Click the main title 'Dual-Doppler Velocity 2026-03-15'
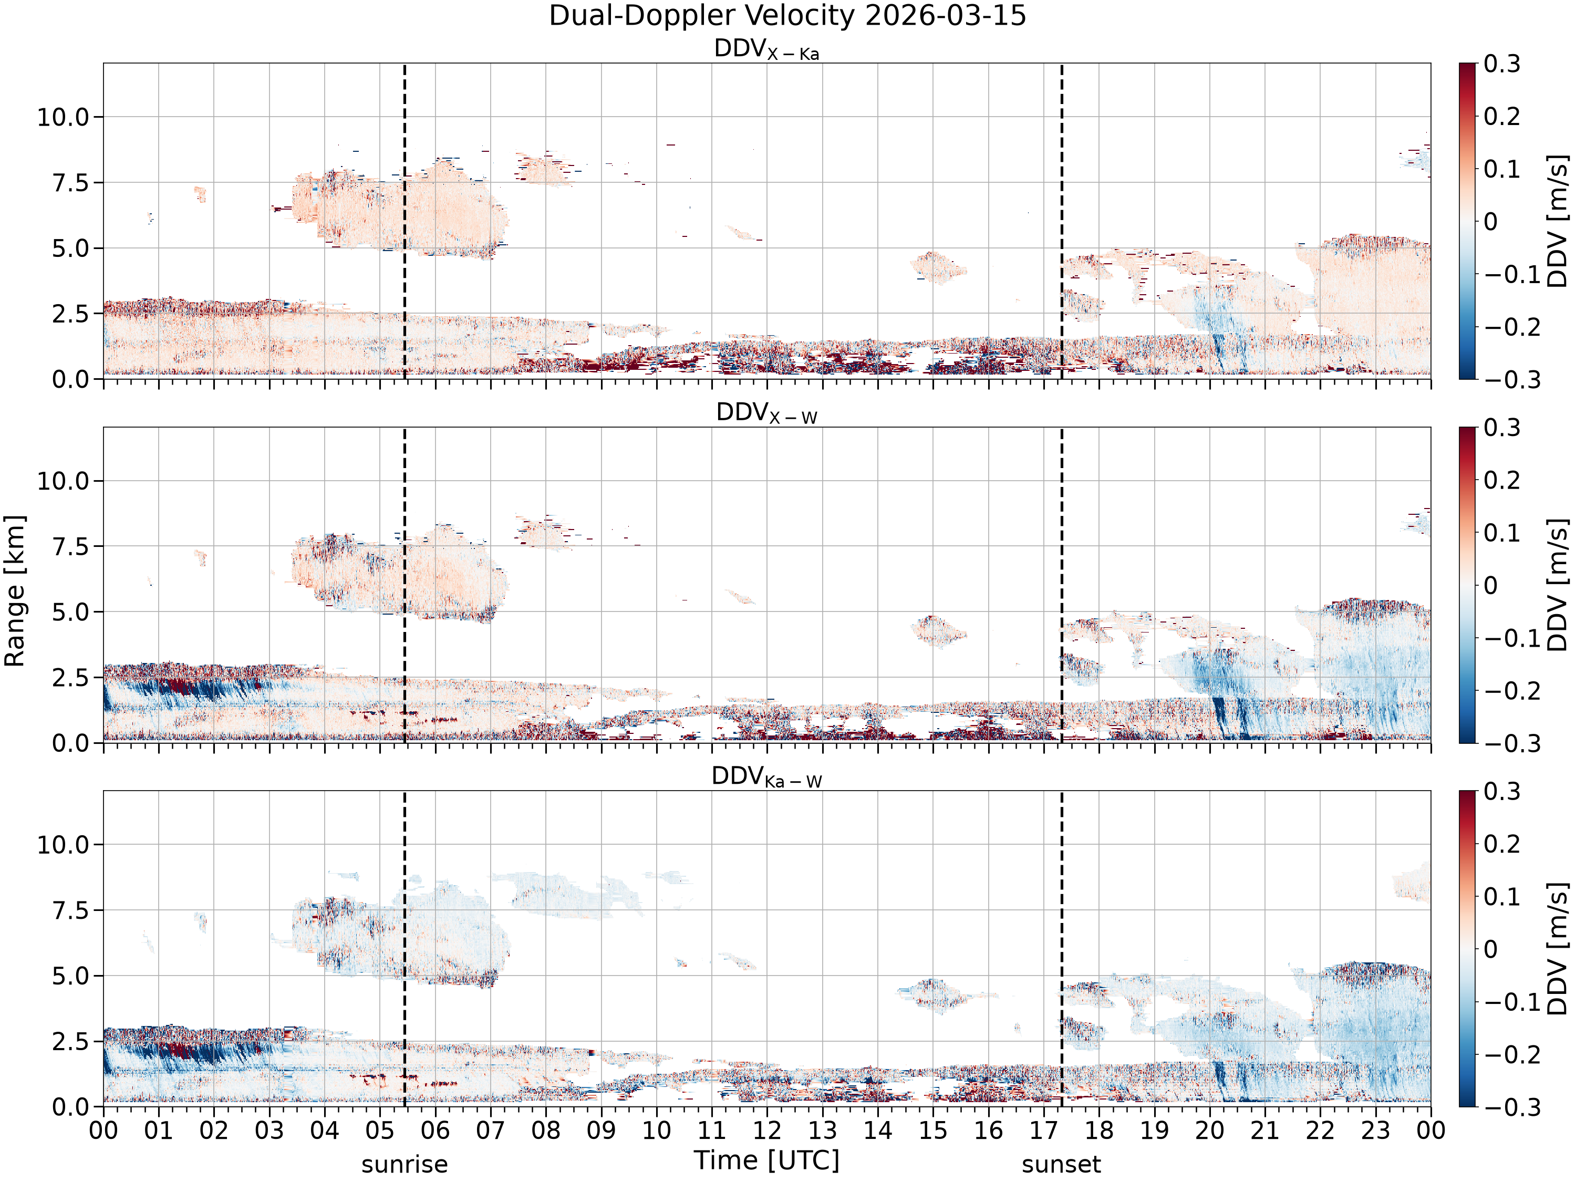tap(787, 16)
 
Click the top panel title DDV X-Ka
tap(766, 49)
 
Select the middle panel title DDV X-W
tap(766, 413)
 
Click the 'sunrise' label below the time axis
tap(405, 1164)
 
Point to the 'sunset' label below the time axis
tap(1061, 1164)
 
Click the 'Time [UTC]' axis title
tap(766, 1160)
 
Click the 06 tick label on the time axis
tap(434, 1130)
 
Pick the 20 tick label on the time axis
tap(1209, 1130)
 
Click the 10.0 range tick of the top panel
tap(64, 117)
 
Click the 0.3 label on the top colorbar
tap(1502, 64)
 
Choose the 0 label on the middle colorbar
tap(1490, 586)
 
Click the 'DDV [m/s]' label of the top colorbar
tap(1558, 221)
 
